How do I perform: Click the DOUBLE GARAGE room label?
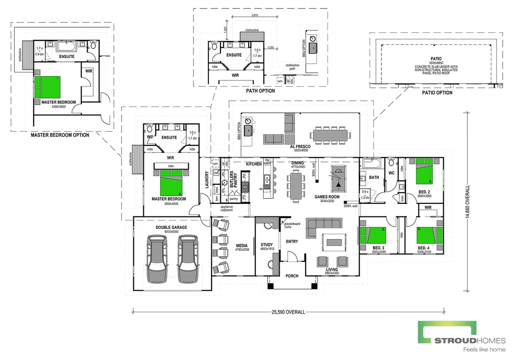point(171,227)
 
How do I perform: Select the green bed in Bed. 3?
point(373,235)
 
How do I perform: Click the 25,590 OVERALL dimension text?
point(288,312)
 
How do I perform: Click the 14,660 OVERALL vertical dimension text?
point(467,202)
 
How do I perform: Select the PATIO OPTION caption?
point(437,93)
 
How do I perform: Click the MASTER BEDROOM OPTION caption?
point(60,135)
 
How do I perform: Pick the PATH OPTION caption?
point(260,91)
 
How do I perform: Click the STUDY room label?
point(267,245)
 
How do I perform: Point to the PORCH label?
point(292,276)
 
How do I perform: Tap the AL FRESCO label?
point(300,146)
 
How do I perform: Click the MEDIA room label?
point(242,246)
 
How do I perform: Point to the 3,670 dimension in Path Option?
point(255,15)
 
